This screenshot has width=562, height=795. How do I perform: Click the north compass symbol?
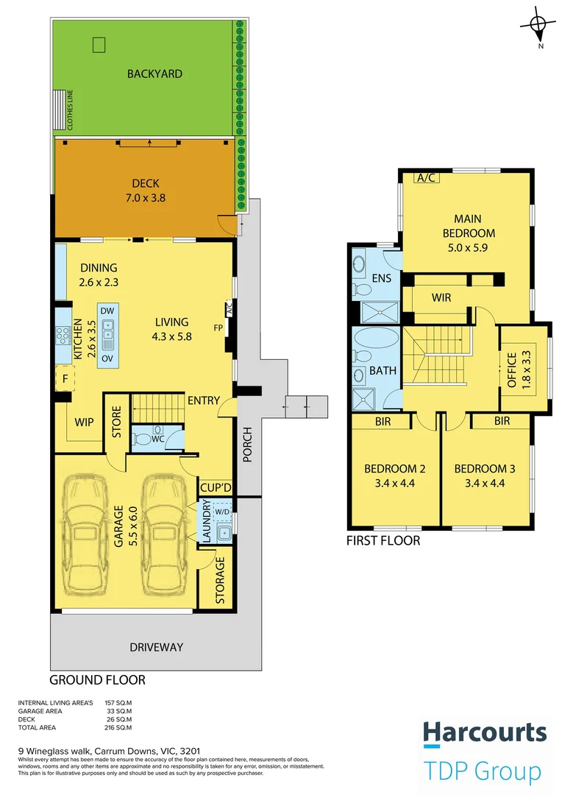coord(538,25)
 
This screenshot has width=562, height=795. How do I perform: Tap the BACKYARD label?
coord(154,74)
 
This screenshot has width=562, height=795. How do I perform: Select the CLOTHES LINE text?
coord(70,110)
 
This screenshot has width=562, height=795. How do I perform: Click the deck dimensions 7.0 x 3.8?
coord(146,198)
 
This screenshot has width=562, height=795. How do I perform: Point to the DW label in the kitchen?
coord(107,311)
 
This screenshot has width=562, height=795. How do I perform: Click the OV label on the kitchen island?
coord(107,358)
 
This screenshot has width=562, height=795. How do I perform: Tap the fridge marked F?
coord(65,378)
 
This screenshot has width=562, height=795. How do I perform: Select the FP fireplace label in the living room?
coord(218,328)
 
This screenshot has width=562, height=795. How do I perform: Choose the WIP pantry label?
coord(84,423)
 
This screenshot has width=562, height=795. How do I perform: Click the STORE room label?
coord(116,421)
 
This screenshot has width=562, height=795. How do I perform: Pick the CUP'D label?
coord(216,488)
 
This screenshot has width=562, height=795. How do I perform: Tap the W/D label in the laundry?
coord(222,512)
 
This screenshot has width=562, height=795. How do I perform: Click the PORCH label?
coord(247,445)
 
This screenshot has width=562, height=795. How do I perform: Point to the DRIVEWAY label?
coord(156,648)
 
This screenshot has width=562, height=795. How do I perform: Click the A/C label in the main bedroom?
coord(426,178)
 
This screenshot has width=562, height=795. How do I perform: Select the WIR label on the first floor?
coord(441,298)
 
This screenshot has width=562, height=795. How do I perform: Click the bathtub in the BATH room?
coord(376,338)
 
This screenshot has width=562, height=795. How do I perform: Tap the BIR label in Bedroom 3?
coord(502,421)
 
